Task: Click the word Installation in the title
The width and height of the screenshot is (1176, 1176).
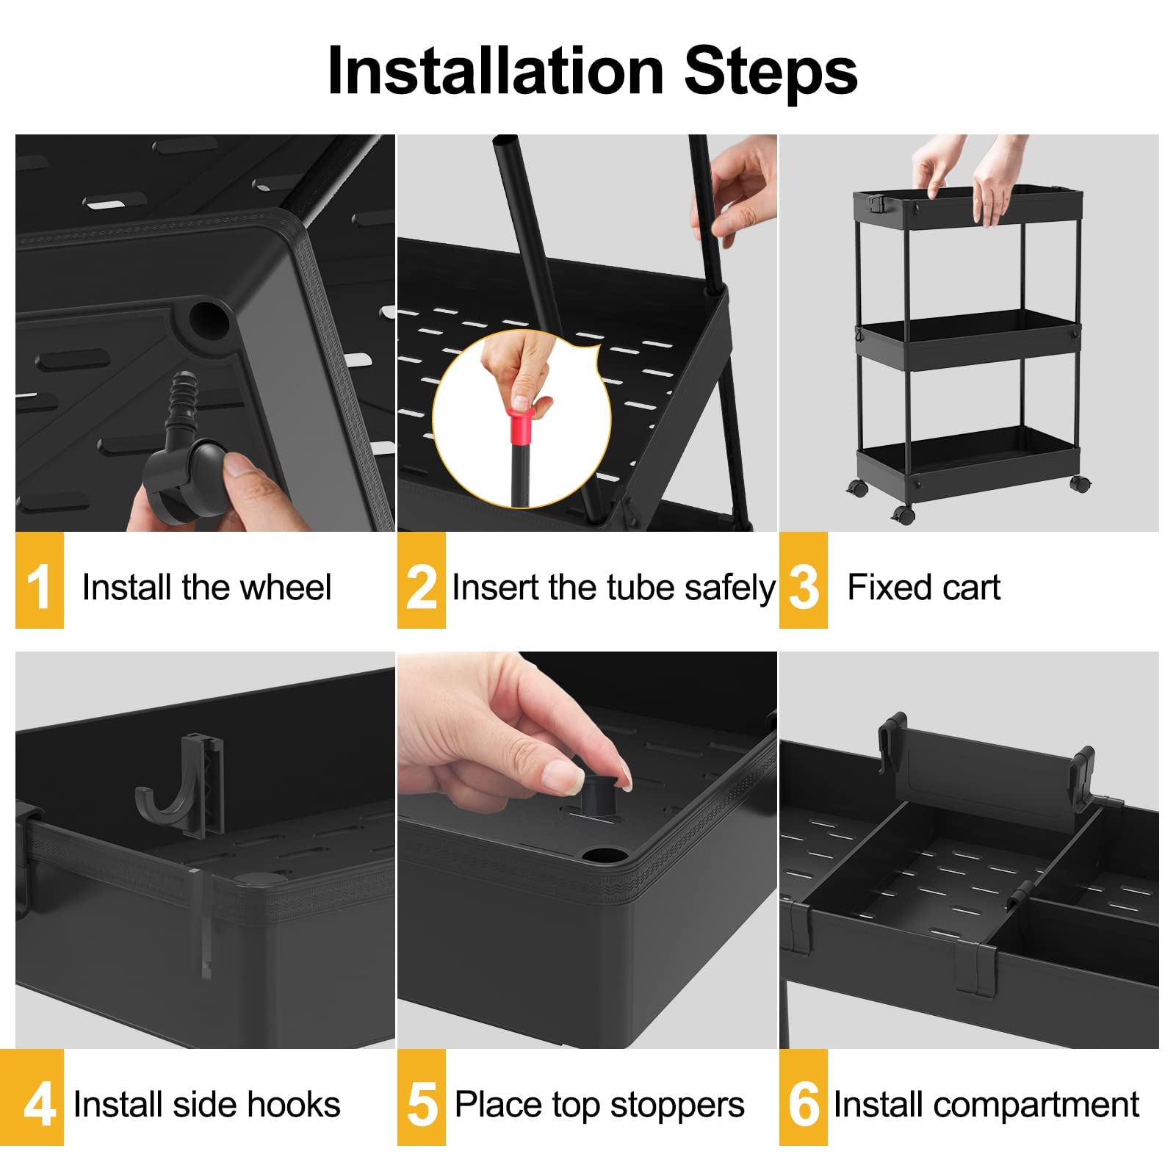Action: click(495, 71)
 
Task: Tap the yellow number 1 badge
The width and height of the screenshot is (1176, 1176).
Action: click(39, 580)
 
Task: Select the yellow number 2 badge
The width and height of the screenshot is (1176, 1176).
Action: click(421, 580)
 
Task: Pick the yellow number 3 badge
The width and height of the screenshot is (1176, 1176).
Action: click(803, 580)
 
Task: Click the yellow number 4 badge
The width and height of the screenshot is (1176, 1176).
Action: click(39, 1097)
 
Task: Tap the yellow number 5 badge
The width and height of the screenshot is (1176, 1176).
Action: click(421, 1097)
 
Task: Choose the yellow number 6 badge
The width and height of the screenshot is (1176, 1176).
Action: click(803, 1097)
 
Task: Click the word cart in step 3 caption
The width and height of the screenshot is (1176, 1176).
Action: click(972, 588)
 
